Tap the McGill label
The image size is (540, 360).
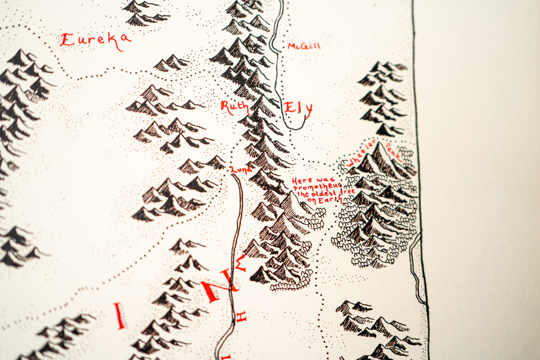304,46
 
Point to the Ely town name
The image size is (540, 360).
298,109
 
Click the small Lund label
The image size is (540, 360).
241,170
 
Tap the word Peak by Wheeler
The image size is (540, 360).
394,151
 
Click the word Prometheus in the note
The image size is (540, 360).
317,186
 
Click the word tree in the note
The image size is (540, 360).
347,192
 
